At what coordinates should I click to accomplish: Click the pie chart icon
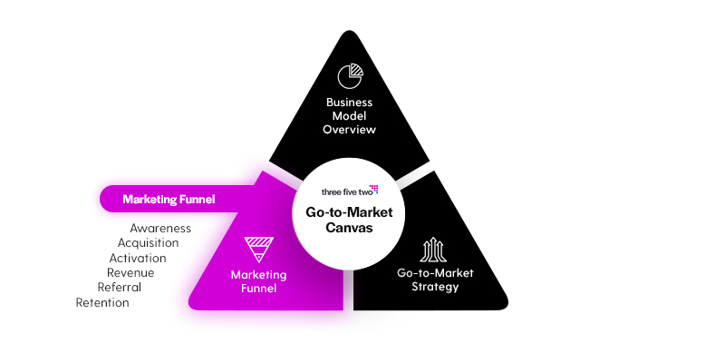350,76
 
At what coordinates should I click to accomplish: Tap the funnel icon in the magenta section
258,250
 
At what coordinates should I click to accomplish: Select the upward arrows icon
433,250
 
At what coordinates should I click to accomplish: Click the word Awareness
160,229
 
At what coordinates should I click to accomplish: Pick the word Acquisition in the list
148,243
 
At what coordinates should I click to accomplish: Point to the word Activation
138,258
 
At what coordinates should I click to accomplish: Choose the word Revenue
130,273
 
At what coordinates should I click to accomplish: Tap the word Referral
120,288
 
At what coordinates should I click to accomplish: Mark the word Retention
102,303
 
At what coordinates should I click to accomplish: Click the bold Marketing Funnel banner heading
169,200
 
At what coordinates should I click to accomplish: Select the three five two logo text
344,191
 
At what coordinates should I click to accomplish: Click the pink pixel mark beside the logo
373,189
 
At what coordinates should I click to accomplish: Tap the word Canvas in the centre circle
349,228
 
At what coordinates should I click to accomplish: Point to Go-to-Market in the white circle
349,212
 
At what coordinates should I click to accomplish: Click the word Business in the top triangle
349,103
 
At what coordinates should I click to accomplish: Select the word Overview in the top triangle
350,130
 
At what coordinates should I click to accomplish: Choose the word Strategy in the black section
435,287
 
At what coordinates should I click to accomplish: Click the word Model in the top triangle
349,116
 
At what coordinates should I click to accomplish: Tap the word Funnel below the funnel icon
259,289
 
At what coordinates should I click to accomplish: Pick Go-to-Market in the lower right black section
435,273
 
